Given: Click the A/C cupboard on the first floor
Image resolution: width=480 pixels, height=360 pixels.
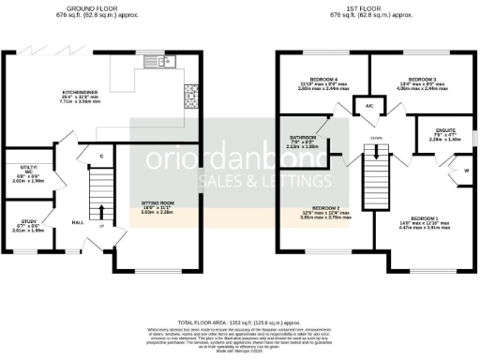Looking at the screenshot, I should tap(369, 107).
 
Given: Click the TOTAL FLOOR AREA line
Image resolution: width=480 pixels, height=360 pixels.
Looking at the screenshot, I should tap(240, 321).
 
